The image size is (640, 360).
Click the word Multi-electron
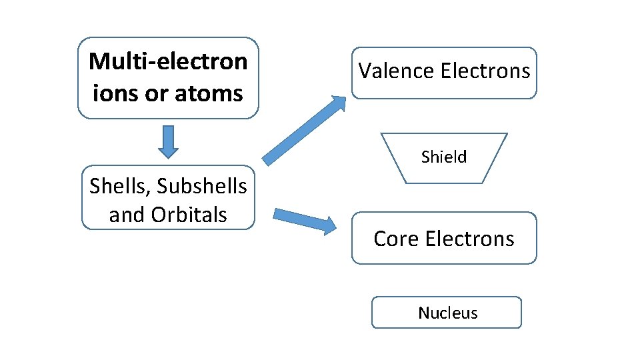tap(168, 61)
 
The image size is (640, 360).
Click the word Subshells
tap(201, 187)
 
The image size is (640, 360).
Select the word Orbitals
tap(189, 215)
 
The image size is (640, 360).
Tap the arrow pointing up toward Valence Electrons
tap(303, 131)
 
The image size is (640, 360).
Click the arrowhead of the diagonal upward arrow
tap(338, 103)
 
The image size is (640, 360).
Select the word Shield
tap(444, 157)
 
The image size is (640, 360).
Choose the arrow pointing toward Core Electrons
tap(300, 219)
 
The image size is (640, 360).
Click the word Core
tap(395, 239)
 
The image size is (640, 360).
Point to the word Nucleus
tap(447, 313)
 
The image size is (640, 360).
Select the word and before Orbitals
tap(127, 215)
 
